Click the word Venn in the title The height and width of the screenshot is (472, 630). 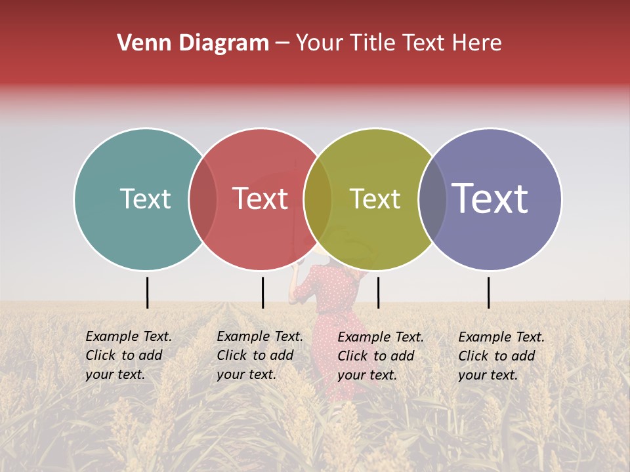(141, 43)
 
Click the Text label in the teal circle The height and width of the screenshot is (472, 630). (145, 199)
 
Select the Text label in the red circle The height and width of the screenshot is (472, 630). (260, 199)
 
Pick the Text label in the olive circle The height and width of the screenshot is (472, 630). (375, 199)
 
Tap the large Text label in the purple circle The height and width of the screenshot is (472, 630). (490, 199)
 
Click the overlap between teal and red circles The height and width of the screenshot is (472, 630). (203, 199)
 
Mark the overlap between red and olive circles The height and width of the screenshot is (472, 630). (318, 199)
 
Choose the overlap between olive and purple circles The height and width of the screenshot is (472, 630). (432, 199)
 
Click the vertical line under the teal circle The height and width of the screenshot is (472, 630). (147, 292)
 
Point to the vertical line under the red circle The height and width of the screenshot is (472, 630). (262, 292)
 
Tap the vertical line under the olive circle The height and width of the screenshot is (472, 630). (378, 292)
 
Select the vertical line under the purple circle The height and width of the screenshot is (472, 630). (488, 292)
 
